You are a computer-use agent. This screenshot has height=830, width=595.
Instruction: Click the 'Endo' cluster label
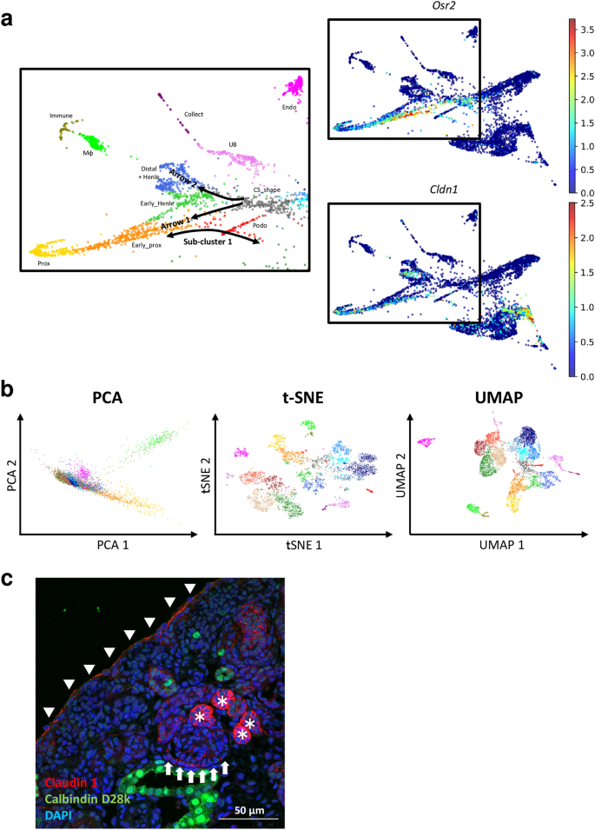coord(288,107)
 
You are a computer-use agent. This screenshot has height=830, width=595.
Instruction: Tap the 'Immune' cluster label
coord(61,116)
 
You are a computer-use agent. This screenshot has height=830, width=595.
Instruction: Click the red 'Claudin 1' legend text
coord(69,781)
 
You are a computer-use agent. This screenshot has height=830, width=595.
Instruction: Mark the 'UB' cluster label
coord(233,144)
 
